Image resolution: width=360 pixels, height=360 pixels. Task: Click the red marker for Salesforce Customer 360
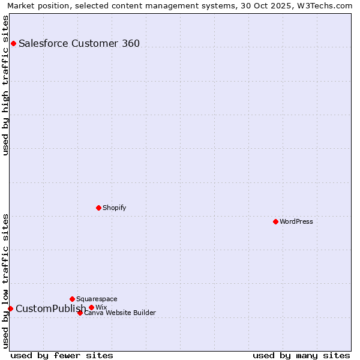tap(13, 43)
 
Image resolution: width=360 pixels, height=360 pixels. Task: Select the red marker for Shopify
tap(98, 208)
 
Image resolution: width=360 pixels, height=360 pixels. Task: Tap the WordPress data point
tap(275, 221)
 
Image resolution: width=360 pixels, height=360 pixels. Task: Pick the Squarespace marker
tap(72, 299)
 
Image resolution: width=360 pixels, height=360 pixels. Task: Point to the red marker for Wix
tap(91, 307)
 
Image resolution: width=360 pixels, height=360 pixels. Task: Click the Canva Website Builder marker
tap(80, 313)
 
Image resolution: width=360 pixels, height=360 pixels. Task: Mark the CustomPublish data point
tap(10, 308)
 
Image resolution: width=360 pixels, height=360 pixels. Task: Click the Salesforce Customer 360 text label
tap(79, 43)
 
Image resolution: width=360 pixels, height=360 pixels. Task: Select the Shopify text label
tap(114, 208)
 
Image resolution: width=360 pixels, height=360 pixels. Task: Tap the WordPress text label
tap(296, 221)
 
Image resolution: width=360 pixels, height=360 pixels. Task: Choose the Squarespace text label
tap(97, 299)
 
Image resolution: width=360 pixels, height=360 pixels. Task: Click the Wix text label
tap(101, 307)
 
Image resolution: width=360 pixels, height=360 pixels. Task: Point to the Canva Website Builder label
tap(120, 313)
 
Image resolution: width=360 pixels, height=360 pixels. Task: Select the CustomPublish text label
tap(50, 309)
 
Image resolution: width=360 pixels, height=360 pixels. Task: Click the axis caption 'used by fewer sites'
tap(62, 355)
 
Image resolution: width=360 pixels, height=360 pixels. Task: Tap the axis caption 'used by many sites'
tap(301, 355)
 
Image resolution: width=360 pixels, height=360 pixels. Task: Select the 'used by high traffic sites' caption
tap(5, 85)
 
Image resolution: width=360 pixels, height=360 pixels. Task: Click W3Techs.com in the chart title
tap(329, 5)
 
